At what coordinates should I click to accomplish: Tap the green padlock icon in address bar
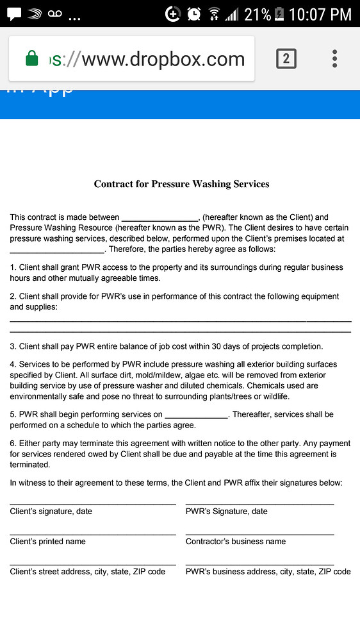click(31, 59)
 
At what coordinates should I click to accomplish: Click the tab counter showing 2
click(286, 59)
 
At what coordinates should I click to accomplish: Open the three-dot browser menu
click(334, 59)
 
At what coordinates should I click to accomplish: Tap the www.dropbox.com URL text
click(163, 59)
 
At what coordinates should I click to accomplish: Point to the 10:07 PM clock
click(321, 13)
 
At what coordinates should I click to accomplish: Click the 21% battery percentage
click(258, 13)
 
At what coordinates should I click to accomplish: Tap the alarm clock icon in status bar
click(194, 13)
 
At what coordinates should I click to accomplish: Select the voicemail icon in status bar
click(54, 13)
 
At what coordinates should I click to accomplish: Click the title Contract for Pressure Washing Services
click(181, 184)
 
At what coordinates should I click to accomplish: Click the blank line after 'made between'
click(160, 219)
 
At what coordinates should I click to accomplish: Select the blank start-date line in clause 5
click(196, 415)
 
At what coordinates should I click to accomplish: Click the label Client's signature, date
click(51, 512)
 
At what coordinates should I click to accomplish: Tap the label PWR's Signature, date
click(227, 512)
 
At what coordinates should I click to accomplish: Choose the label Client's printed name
click(48, 542)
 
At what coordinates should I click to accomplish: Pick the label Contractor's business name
click(236, 542)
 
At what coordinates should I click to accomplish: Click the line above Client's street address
click(93, 564)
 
